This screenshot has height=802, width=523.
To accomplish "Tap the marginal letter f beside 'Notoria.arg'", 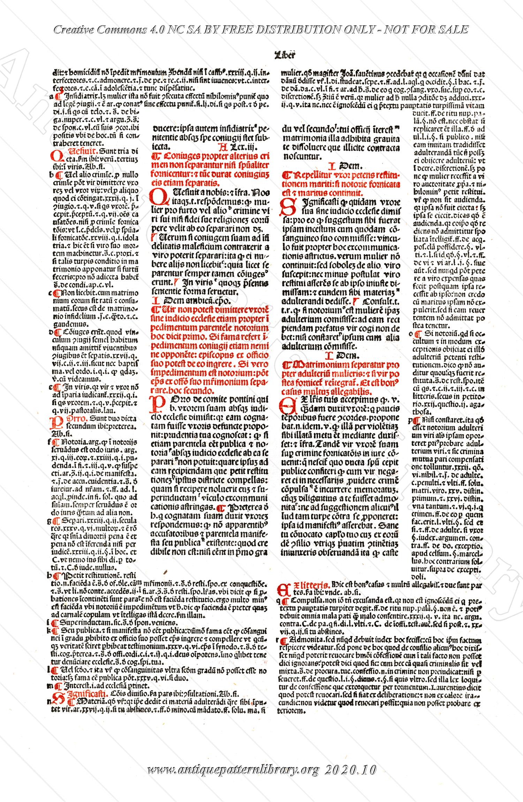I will [51, 441].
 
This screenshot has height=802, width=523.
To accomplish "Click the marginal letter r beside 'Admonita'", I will [277, 641].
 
